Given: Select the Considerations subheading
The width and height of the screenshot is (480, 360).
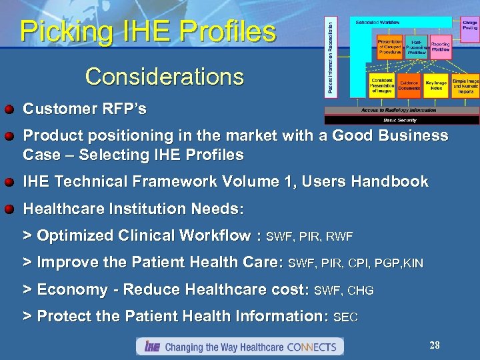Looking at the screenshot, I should click(x=164, y=77).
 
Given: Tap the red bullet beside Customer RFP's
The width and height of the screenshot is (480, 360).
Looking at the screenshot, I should click(x=10, y=108).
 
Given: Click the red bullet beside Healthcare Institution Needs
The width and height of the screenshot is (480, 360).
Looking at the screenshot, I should click(x=10, y=209).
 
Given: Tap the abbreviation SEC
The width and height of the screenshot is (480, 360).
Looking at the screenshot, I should click(x=345, y=318).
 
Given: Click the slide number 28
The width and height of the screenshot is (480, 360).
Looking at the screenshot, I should click(x=435, y=345).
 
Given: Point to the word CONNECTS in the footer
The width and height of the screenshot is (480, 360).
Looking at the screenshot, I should click(x=313, y=347).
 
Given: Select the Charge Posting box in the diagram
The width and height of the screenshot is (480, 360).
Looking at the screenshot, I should click(x=469, y=27).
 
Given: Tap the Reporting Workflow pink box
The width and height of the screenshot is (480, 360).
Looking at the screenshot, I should click(x=440, y=47).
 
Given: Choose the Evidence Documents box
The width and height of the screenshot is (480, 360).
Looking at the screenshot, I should click(x=409, y=85).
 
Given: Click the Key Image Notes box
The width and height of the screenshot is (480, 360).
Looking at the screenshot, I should click(x=436, y=85).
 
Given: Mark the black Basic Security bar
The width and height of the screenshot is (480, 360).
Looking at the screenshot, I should click(x=401, y=121).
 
